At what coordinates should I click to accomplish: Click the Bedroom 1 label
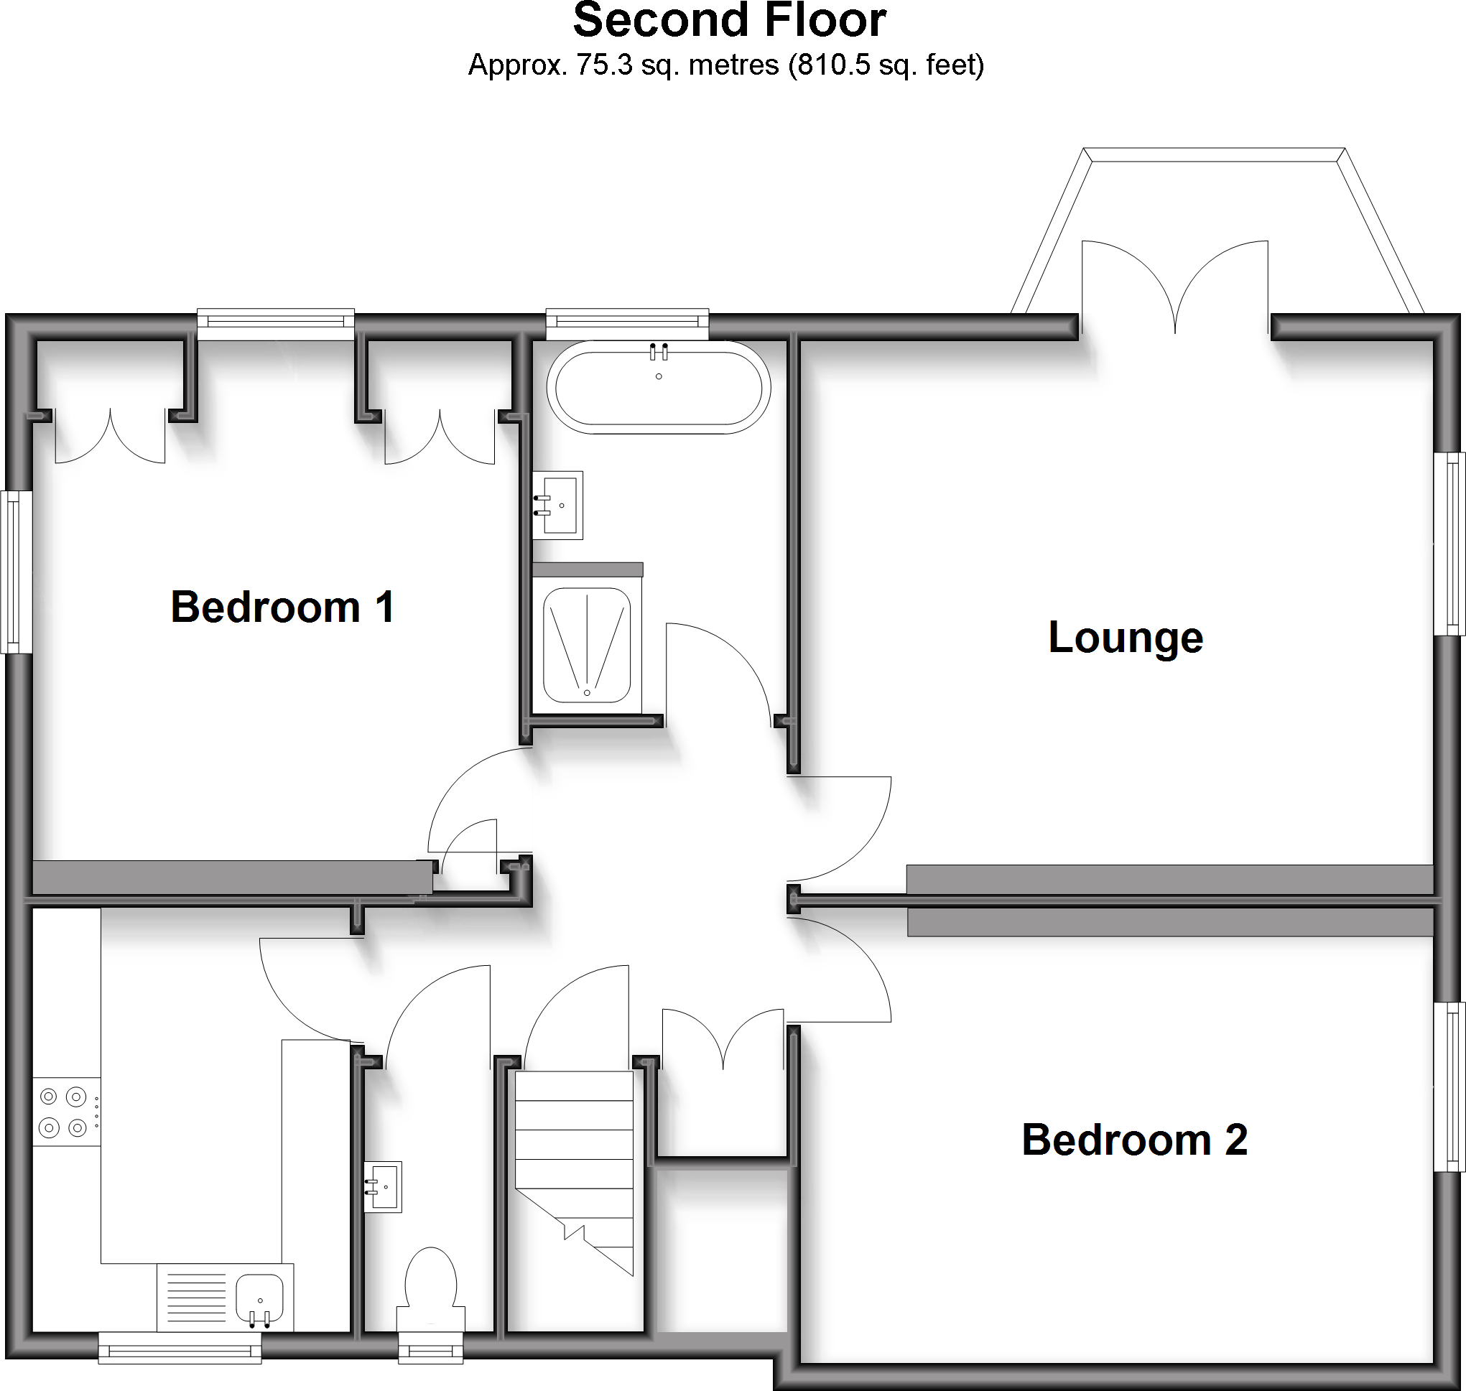(x=282, y=608)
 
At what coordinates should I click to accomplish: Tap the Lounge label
(x=1125, y=638)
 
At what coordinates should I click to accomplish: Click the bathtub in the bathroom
(x=659, y=388)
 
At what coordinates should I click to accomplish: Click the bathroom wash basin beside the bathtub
(x=558, y=505)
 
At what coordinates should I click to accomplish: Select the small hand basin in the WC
(x=384, y=1186)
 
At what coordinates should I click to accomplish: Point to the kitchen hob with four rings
(x=65, y=1112)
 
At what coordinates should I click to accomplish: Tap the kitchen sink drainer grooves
(x=197, y=1298)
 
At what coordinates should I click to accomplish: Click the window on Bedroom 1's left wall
(x=15, y=572)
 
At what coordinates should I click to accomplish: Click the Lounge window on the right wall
(x=1449, y=544)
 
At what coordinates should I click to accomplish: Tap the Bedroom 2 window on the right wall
(x=1449, y=1087)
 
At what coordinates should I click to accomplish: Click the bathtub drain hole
(x=659, y=377)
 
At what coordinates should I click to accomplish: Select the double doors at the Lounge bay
(x=1174, y=289)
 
